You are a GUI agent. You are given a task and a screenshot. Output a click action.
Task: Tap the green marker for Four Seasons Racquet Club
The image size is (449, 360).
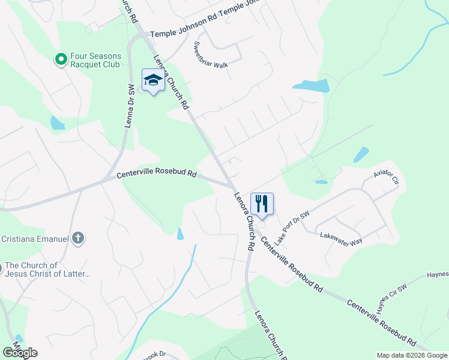point(61,59)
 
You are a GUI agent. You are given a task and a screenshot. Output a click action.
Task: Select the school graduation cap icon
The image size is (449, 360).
point(153,80)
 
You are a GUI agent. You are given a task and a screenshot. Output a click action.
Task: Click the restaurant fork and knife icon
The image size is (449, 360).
point(262,203)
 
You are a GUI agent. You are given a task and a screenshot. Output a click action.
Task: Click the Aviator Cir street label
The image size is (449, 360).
point(386,178)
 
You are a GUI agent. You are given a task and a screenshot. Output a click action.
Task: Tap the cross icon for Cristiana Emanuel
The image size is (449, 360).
point(77,239)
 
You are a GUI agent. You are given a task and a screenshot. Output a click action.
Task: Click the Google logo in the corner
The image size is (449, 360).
point(20,352)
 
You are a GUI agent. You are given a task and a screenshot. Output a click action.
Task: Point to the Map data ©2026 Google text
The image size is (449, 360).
point(411,355)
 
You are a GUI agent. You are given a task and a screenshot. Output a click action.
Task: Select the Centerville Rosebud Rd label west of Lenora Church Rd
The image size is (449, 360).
point(157,175)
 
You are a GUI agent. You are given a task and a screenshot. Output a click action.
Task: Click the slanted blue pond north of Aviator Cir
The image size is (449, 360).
point(361,154)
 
